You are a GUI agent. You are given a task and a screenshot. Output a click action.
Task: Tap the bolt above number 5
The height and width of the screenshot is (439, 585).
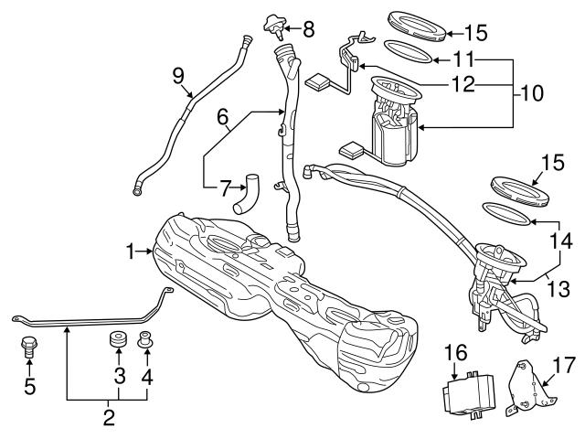[x=28, y=348]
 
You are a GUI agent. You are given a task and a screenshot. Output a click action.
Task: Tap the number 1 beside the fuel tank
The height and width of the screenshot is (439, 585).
[x=132, y=248]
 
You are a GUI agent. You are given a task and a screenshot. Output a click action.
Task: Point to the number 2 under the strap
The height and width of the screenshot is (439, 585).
[x=109, y=419]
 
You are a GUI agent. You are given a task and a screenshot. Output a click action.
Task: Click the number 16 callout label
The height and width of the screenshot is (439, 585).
[x=454, y=353]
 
